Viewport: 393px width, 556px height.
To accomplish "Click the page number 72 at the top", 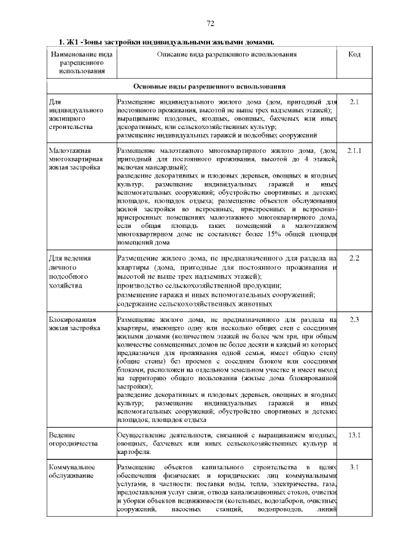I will coord(210,23).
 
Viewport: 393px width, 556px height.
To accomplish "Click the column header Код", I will coord(354,55).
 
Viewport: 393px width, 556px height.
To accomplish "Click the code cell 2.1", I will coord(354,101).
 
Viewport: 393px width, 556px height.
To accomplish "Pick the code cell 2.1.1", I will coord(354,151).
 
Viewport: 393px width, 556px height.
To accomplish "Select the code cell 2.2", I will coord(354,257).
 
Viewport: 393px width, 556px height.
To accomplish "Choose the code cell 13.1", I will coord(354,436).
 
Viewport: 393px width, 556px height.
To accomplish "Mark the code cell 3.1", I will coord(354,468).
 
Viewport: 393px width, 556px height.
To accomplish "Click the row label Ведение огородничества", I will coord(73,440).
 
